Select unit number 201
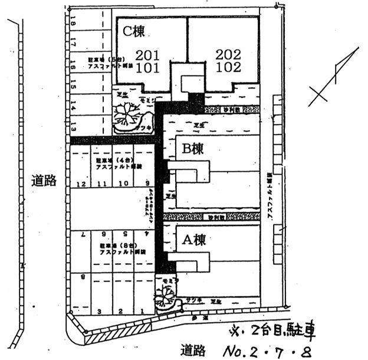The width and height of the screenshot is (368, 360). point(147,55)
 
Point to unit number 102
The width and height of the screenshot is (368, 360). point(228,67)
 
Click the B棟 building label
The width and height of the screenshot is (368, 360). point(192,150)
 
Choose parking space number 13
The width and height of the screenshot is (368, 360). point(73,125)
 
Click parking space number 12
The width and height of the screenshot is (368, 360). point(81,184)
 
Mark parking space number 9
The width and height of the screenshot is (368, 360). point(147,184)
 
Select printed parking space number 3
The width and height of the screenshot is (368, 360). point(100,310)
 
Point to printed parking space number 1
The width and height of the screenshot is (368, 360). point(142,310)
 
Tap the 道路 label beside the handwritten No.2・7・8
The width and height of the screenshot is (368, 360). point(192,351)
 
